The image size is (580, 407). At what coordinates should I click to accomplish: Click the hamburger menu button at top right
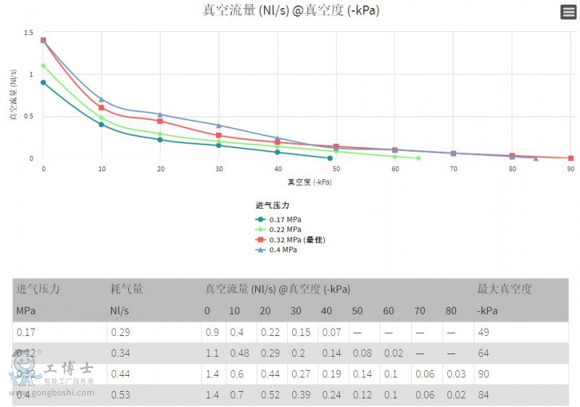click(x=568, y=12)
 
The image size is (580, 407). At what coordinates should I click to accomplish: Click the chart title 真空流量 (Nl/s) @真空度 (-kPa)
click(x=290, y=10)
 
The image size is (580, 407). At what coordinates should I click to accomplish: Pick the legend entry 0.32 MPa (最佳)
click(x=290, y=239)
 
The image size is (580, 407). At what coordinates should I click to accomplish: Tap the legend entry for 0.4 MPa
click(x=276, y=250)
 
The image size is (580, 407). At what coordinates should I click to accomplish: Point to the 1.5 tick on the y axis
click(x=28, y=33)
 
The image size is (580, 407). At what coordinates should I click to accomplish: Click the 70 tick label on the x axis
click(x=453, y=169)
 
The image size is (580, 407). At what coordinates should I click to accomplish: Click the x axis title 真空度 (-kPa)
click(x=310, y=182)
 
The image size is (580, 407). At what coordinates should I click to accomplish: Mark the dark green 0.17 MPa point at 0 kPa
click(x=43, y=83)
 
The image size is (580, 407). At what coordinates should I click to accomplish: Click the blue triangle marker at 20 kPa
click(x=160, y=114)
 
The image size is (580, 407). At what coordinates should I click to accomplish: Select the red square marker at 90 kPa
click(x=571, y=158)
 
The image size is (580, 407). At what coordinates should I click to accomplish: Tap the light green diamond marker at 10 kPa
click(x=101, y=118)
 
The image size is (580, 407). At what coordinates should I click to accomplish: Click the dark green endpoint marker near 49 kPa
click(x=330, y=158)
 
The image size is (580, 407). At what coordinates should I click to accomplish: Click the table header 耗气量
click(x=127, y=289)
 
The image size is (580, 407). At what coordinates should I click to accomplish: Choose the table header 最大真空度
click(x=505, y=289)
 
